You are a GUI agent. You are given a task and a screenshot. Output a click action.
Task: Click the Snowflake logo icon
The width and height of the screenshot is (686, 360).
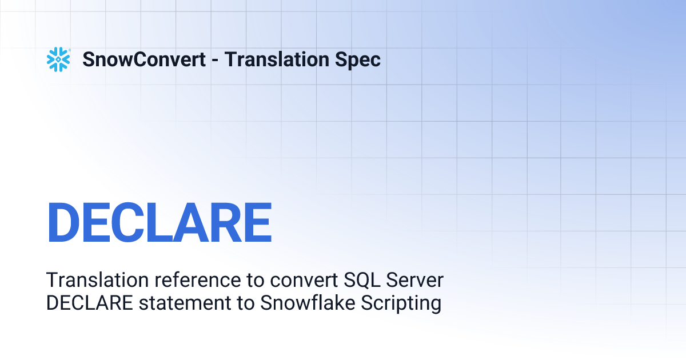58,59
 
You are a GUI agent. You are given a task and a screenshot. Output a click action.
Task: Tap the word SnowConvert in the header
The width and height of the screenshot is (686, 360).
144,59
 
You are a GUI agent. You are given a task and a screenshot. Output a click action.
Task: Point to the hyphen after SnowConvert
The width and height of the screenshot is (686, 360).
215,61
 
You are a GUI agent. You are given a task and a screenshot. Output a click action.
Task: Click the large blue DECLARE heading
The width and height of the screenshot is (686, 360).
159,223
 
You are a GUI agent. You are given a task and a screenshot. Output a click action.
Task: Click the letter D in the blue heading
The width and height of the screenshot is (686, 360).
64,223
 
